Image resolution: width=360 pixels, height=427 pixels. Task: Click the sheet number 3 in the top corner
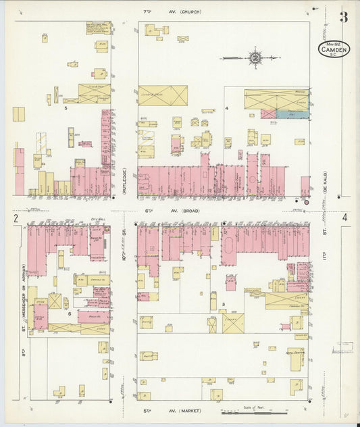(343, 17)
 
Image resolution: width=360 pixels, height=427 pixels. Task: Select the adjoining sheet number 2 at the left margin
(14, 218)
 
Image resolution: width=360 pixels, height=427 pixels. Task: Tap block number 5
(66, 108)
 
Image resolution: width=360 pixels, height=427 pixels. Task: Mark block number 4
(228, 108)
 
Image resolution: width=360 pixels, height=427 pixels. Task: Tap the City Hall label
(97, 220)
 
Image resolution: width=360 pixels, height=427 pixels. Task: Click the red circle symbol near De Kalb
(306, 201)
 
